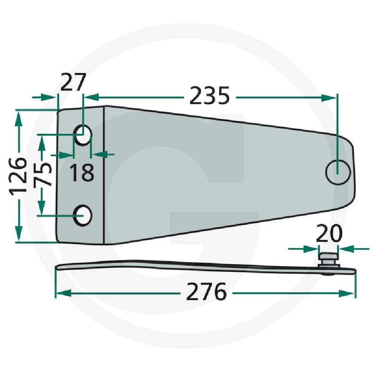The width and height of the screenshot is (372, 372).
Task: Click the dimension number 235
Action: pyautogui.click(x=209, y=97)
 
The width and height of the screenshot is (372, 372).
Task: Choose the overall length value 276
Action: pyautogui.click(x=206, y=293)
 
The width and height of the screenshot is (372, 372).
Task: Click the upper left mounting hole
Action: pyautogui.click(x=83, y=135)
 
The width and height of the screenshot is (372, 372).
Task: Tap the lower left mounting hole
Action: pyautogui.click(x=83, y=215)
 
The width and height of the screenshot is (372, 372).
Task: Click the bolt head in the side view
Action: pyautogui.click(x=328, y=257)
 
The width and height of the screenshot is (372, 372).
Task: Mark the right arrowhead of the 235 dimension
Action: pyautogui.click(x=330, y=97)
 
